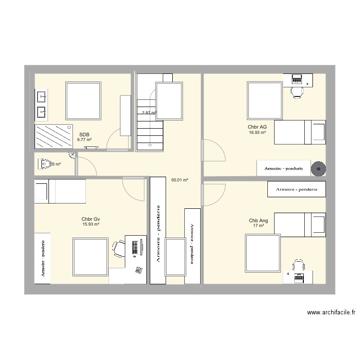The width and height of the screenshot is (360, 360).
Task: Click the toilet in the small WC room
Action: tap(46, 164)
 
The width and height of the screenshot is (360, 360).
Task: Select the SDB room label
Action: tap(84, 135)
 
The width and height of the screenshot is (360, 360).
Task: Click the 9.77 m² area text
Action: tap(84, 140)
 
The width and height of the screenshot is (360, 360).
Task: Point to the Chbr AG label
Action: tap(257, 127)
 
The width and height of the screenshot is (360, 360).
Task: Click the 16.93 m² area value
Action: tap(257, 132)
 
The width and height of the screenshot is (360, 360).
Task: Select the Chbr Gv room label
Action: tap(91, 219)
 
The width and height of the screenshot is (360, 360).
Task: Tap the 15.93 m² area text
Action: tap(91, 224)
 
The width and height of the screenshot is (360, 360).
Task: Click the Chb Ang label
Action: tap(258, 221)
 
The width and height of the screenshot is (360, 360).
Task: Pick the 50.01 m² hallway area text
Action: tap(180, 180)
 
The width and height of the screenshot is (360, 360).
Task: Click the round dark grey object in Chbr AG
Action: tap(318, 168)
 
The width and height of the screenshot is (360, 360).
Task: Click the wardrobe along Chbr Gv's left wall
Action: tap(43, 259)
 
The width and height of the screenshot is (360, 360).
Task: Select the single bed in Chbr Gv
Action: tap(60, 191)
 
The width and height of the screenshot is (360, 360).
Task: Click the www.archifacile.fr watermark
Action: tap(331, 312)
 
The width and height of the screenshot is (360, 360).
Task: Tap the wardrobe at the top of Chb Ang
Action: tap(297, 190)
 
